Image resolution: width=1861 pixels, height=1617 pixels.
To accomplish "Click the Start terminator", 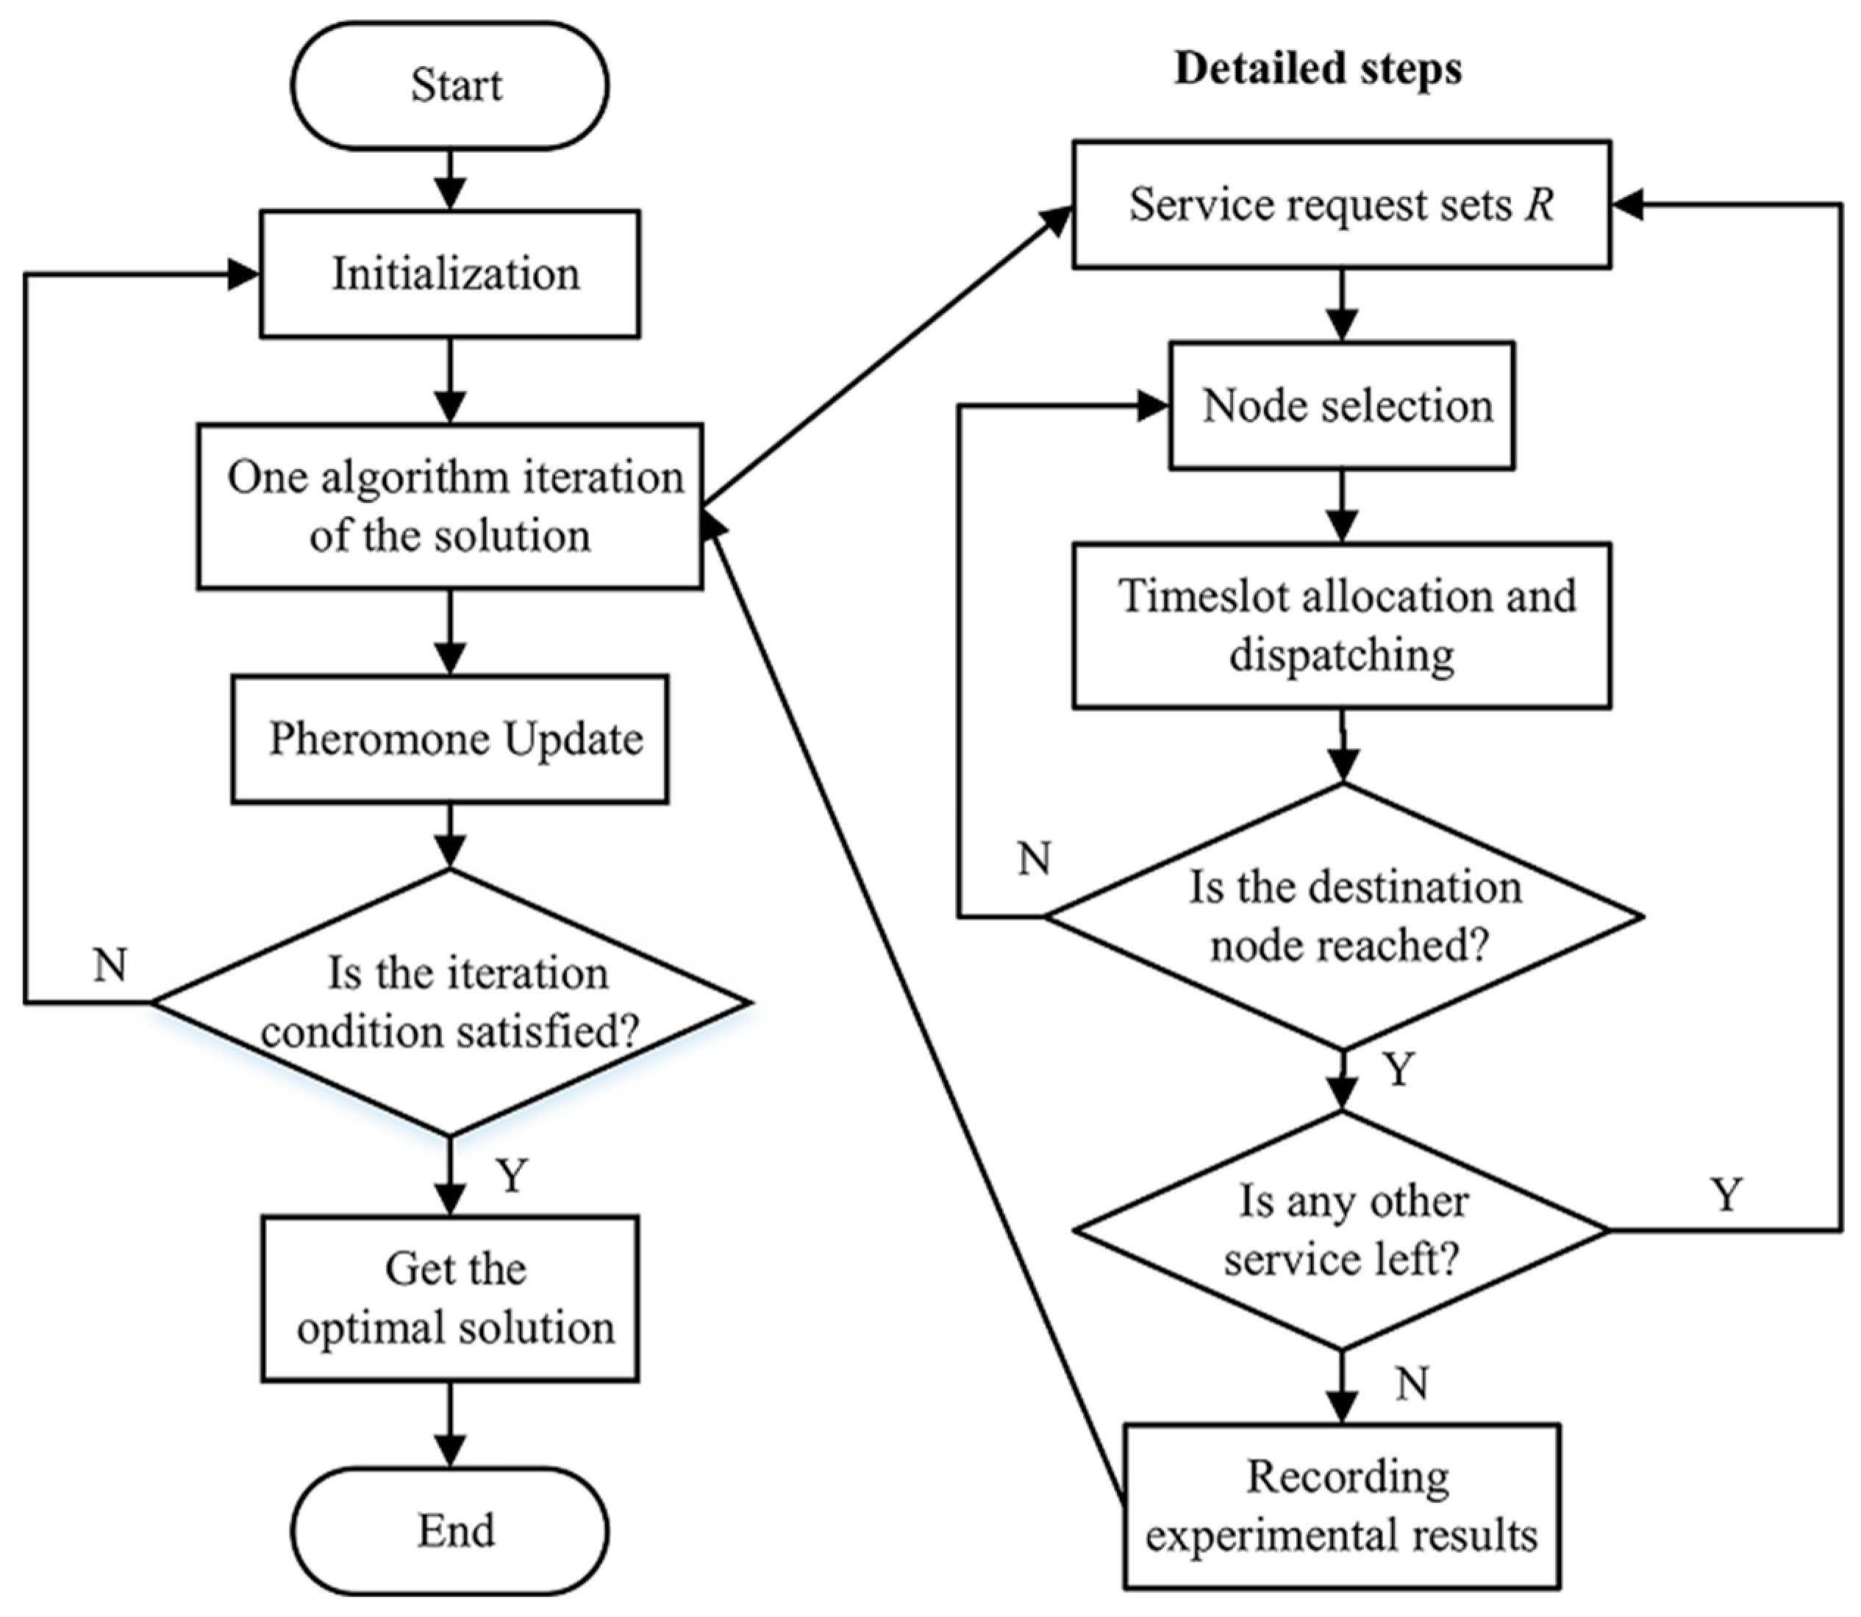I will click(449, 86).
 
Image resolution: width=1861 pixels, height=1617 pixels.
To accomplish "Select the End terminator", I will click(449, 1531).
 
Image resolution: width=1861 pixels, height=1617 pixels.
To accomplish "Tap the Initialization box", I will click(449, 274).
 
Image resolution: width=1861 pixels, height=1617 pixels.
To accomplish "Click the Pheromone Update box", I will click(449, 739).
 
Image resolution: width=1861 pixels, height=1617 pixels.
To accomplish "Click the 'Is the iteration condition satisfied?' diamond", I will click(449, 1002).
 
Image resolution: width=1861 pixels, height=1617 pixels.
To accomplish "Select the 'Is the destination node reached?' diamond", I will click(1342, 916).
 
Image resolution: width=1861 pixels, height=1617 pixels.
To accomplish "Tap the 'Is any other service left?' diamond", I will click(1342, 1230).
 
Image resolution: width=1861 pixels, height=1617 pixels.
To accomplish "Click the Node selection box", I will click(1342, 405).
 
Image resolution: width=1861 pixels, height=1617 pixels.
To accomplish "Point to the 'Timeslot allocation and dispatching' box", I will click(1342, 625).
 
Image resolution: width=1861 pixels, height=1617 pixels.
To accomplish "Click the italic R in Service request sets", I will click(1540, 205).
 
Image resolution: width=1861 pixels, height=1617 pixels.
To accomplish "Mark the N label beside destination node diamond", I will click(1035, 858).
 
